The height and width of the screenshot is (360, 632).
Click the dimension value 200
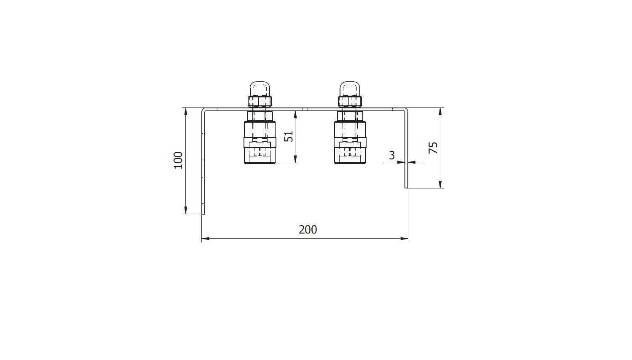click(x=308, y=230)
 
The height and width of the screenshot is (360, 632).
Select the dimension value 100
click(x=178, y=160)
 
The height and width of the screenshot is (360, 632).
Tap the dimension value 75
click(x=433, y=148)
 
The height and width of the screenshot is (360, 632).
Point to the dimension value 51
click(x=289, y=137)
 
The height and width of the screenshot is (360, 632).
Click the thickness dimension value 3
click(x=391, y=155)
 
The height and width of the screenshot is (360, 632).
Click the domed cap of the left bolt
click(x=260, y=89)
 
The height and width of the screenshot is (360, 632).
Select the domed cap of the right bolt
click(x=350, y=89)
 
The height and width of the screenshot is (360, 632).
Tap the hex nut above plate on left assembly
click(x=260, y=102)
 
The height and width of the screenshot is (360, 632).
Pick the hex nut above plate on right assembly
click(x=350, y=102)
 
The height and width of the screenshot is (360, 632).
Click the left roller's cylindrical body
click(x=260, y=142)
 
